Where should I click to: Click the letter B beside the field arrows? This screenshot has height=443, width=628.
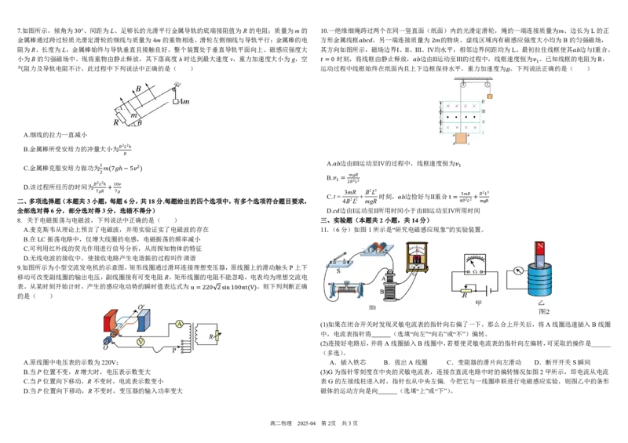pyautogui.click(x=138, y=89)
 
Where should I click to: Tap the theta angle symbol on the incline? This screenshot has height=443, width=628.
pyautogui.click(x=140, y=123)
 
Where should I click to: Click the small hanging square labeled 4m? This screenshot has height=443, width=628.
pyautogui.click(x=176, y=102)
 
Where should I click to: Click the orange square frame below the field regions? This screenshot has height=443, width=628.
pyautogui.click(x=459, y=139)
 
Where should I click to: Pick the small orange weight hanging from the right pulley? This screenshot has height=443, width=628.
pyautogui.click(x=490, y=96)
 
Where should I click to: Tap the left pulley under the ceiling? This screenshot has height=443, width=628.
pyautogui.click(x=463, y=84)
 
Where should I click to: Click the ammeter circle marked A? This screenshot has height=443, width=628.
pyautogui.click(x=178, y=323)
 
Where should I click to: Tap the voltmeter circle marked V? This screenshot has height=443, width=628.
pyautogui.click(x=141, y=342)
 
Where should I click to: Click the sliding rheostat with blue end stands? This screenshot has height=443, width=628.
pyautogui.click(x=347, y=291)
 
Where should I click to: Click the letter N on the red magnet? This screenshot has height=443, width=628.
pyautogui.click(x=539, y=248)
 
